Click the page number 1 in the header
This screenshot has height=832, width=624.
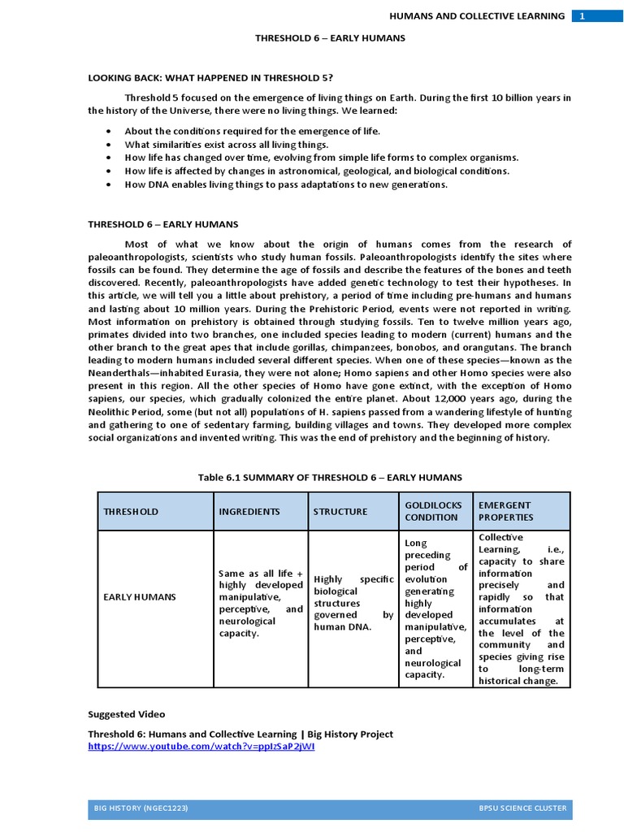tap(582, 15)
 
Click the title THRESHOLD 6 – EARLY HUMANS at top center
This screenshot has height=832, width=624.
tap(330, 37)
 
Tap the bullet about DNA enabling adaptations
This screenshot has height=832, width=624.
tap(286, 184)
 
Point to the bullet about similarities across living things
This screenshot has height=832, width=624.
tap(226, 144)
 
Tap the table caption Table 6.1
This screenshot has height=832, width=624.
tap(330, 477)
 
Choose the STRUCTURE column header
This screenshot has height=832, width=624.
tap(340, 511)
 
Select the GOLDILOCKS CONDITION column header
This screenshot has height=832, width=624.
tap(431, 511)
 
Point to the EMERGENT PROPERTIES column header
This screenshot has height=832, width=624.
tap(505, 511)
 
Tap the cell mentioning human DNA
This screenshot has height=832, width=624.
tap(353, 602)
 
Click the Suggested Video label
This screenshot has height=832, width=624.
tap(126, 714)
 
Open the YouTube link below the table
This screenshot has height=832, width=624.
tap(201, 746)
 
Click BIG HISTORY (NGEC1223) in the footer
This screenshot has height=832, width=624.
tap(142, 808)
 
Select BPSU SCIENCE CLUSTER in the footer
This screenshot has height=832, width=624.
tap(522, 808)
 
